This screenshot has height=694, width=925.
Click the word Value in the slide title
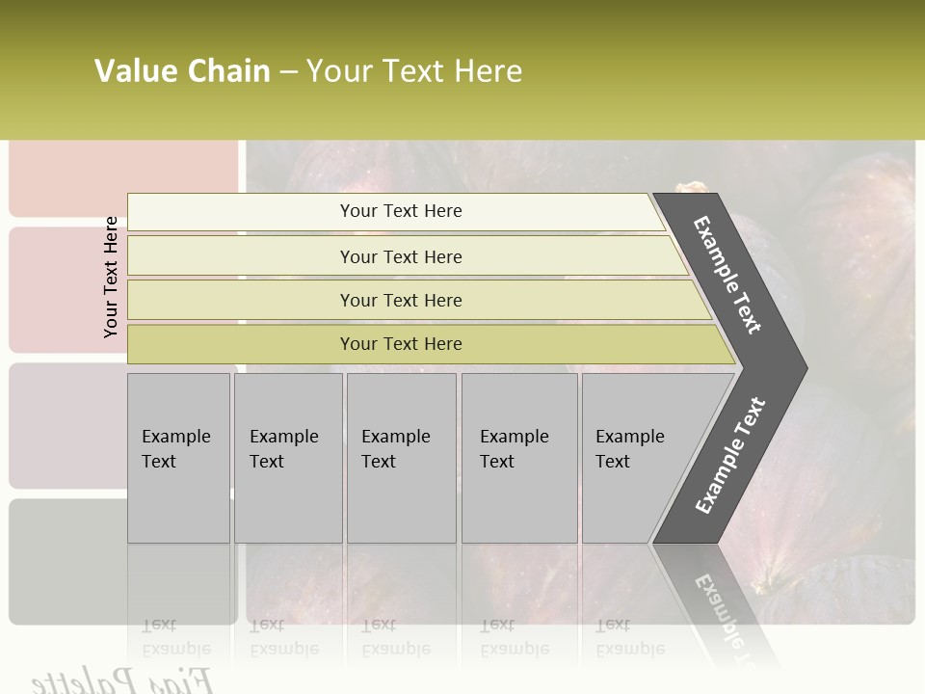(x=134, y=71)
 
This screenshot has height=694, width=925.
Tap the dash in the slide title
(x=288, y=72)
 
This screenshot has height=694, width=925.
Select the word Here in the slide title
(x=488, y=71)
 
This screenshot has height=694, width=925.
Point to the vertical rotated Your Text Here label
(x=111, y=277)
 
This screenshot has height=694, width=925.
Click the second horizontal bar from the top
(x=400, y=256)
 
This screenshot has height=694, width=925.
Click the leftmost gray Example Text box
(x=178, y=458)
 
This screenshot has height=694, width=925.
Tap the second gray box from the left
(x=287, y=458)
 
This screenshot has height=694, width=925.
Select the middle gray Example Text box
(x=401, y=458)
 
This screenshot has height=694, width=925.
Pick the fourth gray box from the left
(x=518, y=458)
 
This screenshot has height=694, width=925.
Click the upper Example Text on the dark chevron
(x=727, y=275)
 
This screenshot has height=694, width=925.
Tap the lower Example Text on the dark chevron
(x=730, y=456)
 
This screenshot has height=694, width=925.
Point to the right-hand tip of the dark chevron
(x=805, y=368)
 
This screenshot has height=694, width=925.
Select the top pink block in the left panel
(x=123, y=178)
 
